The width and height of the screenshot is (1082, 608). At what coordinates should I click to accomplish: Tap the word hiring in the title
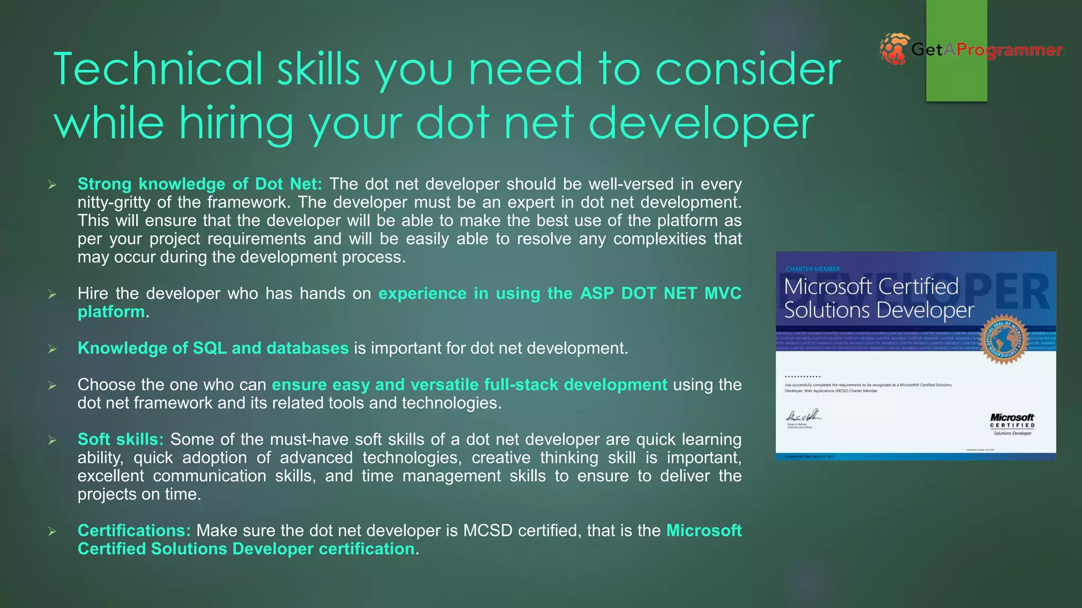236,123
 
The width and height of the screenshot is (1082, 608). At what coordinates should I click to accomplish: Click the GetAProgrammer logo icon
894,49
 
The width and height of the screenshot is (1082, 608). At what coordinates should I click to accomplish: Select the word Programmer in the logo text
1009,50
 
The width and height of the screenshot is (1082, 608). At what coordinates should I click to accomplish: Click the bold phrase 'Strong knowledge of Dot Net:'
200,184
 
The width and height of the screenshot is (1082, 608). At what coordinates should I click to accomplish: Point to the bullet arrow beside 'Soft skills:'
52,440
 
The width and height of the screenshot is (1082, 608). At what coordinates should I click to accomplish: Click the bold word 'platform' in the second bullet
111,312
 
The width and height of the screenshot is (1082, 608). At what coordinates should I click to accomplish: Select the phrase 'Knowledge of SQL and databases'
213,348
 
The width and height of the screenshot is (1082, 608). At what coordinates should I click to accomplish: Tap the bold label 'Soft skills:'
120,440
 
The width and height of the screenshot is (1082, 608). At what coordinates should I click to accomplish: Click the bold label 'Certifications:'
134,531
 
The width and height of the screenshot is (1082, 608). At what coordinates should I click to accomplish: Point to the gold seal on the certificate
1004,342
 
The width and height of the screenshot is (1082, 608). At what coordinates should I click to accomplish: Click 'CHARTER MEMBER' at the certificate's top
813,269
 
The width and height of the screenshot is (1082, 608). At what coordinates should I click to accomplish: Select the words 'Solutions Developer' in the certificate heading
879,310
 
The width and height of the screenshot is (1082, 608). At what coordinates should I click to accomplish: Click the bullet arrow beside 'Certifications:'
52,531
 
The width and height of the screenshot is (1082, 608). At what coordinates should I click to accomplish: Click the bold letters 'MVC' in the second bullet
723,293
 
